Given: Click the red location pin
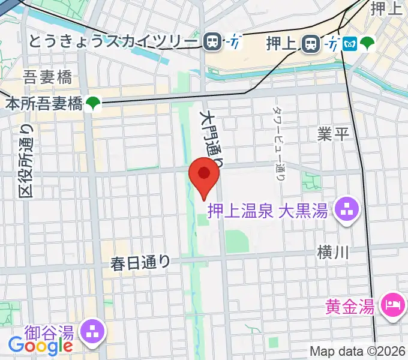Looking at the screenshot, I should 204,176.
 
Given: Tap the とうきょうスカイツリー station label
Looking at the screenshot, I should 113,41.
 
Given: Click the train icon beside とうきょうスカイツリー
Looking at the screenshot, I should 212,41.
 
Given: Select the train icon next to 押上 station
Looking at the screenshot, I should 310,43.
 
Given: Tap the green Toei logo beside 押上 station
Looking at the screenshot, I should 367,43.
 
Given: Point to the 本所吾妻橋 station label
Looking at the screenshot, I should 43,104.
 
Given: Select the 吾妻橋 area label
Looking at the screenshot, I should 47,77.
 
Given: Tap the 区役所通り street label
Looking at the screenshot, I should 26,161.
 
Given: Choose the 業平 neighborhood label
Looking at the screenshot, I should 333,134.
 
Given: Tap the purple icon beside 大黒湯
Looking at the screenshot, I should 347,210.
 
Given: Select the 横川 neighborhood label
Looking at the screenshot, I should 333,253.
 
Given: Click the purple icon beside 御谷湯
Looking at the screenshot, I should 93,331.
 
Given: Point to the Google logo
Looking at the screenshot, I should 40,345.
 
